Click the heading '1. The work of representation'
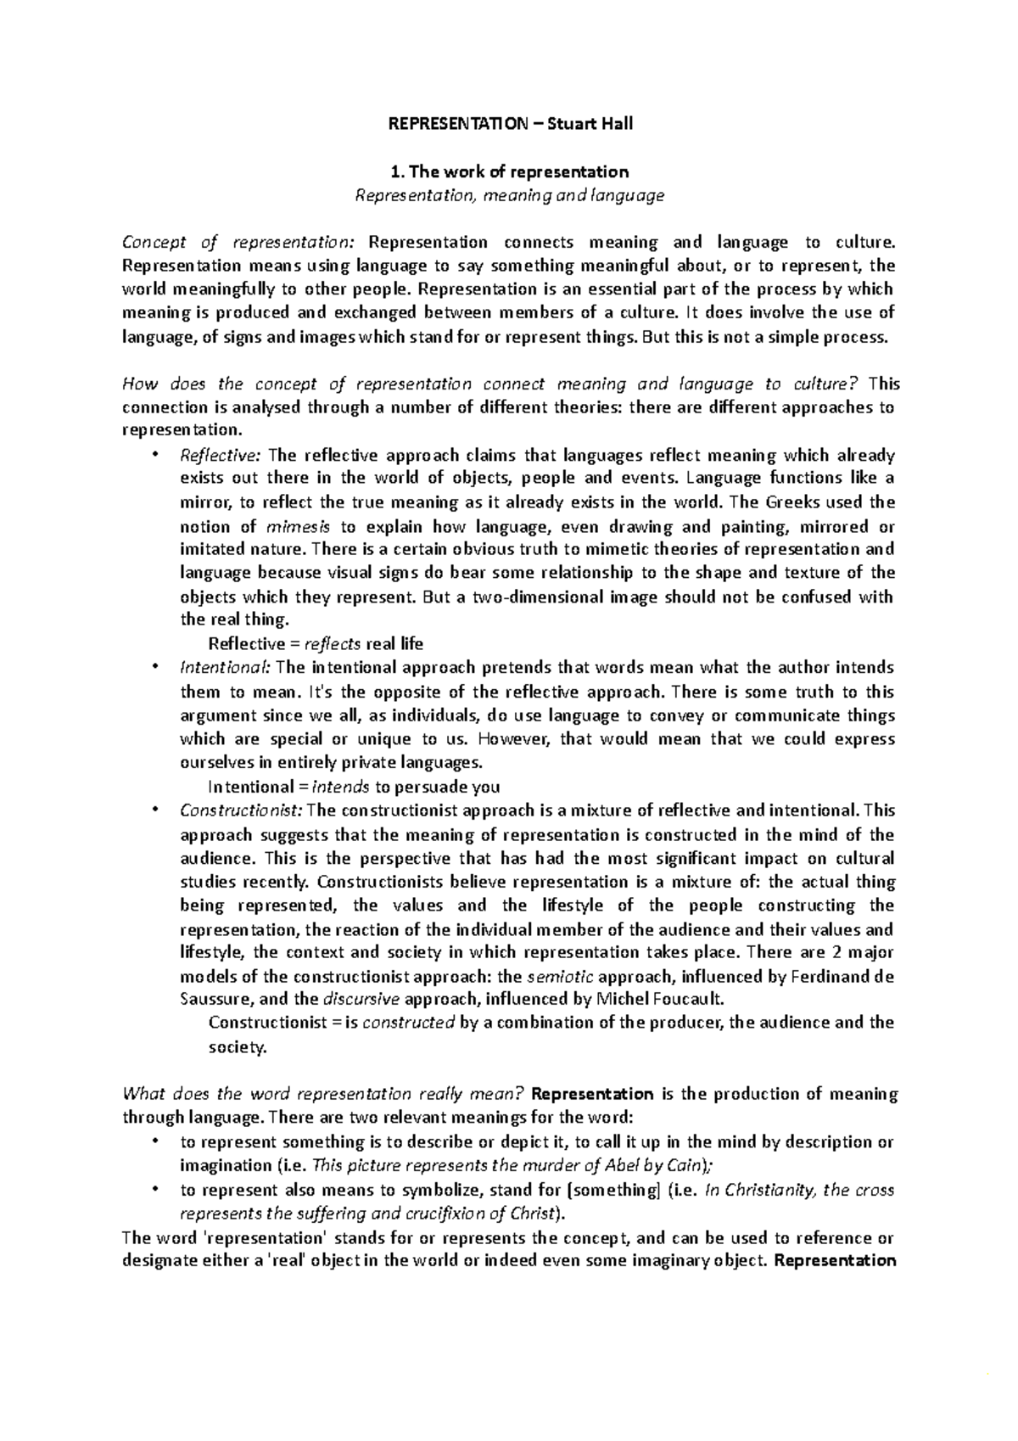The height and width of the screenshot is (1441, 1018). click(509, 172)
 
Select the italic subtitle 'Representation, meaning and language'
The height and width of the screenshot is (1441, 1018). click(509, 196)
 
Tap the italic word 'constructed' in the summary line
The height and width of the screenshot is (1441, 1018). click(408, 1023)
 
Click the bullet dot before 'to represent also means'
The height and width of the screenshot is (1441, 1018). click(154, 1188)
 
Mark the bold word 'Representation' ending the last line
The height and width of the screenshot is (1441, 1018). click(836, 1260)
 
